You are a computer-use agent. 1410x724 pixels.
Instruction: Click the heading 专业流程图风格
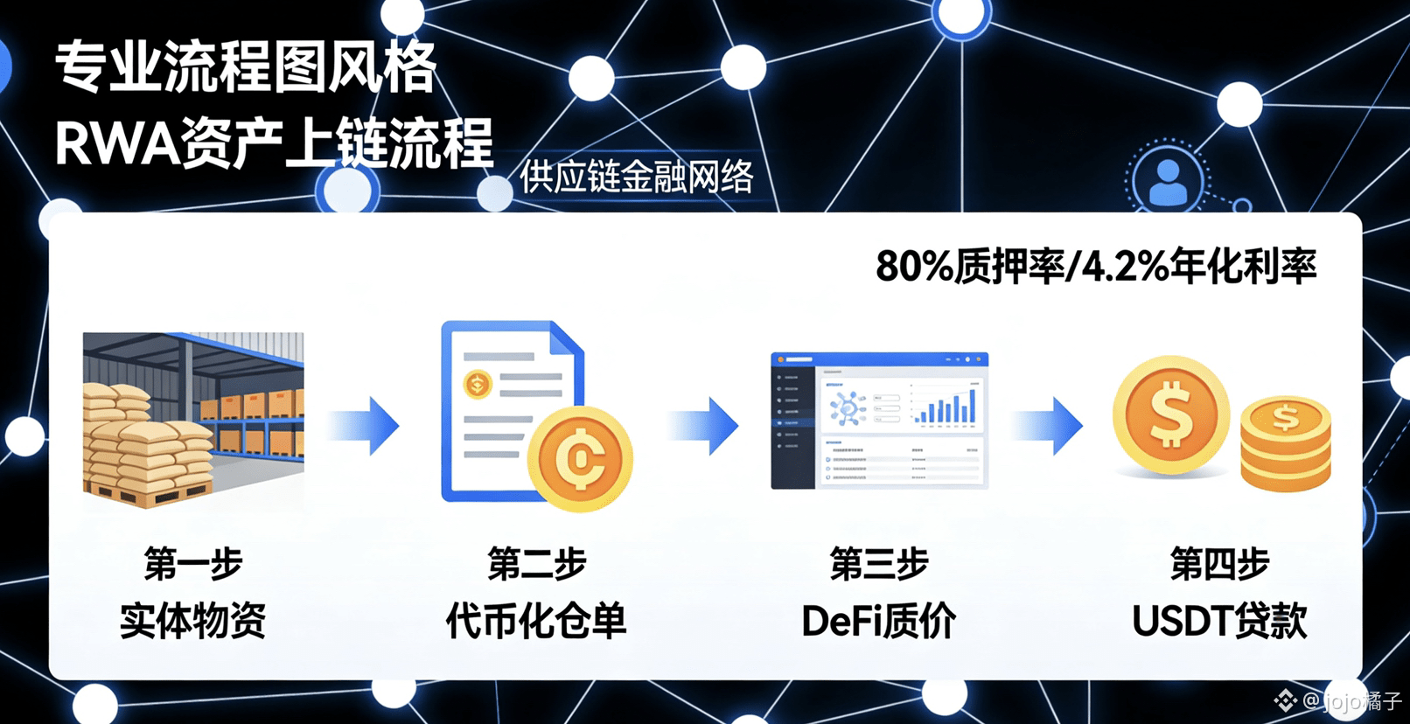(245, 67)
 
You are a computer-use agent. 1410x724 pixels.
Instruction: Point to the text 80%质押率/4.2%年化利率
(1095, 266)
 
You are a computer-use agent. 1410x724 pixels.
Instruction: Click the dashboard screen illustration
(879, 421)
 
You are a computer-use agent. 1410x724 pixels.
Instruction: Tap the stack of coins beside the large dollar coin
(1285, 444)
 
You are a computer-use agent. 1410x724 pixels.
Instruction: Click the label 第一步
(193, 564)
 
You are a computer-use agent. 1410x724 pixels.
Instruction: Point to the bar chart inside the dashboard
(945, 407)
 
